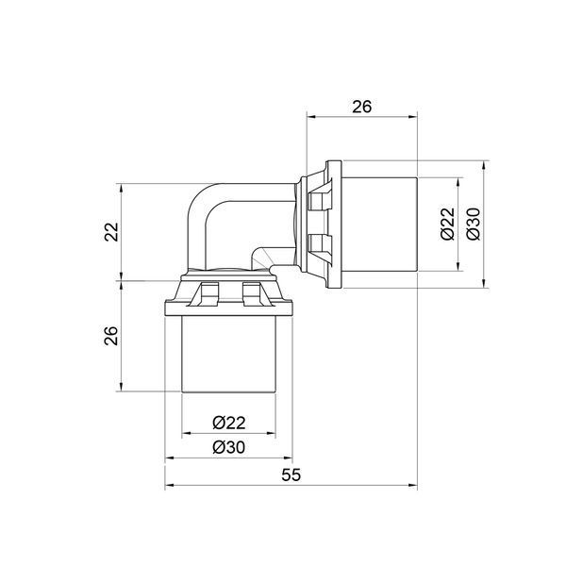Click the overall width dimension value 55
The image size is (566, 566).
point(291,475)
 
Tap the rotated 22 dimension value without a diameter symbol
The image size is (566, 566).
point(111,232)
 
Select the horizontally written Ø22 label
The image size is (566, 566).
point(229,423)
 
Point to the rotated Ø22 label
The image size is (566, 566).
point(447,224)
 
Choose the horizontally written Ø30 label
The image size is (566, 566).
point(229,447)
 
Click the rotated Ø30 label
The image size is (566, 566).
point(474,224)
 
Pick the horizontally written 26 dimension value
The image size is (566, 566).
point(361,107)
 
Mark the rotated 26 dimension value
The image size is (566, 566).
point(111,336)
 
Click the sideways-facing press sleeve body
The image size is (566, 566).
point(379,225)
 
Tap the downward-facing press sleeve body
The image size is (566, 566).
point(229,354)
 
